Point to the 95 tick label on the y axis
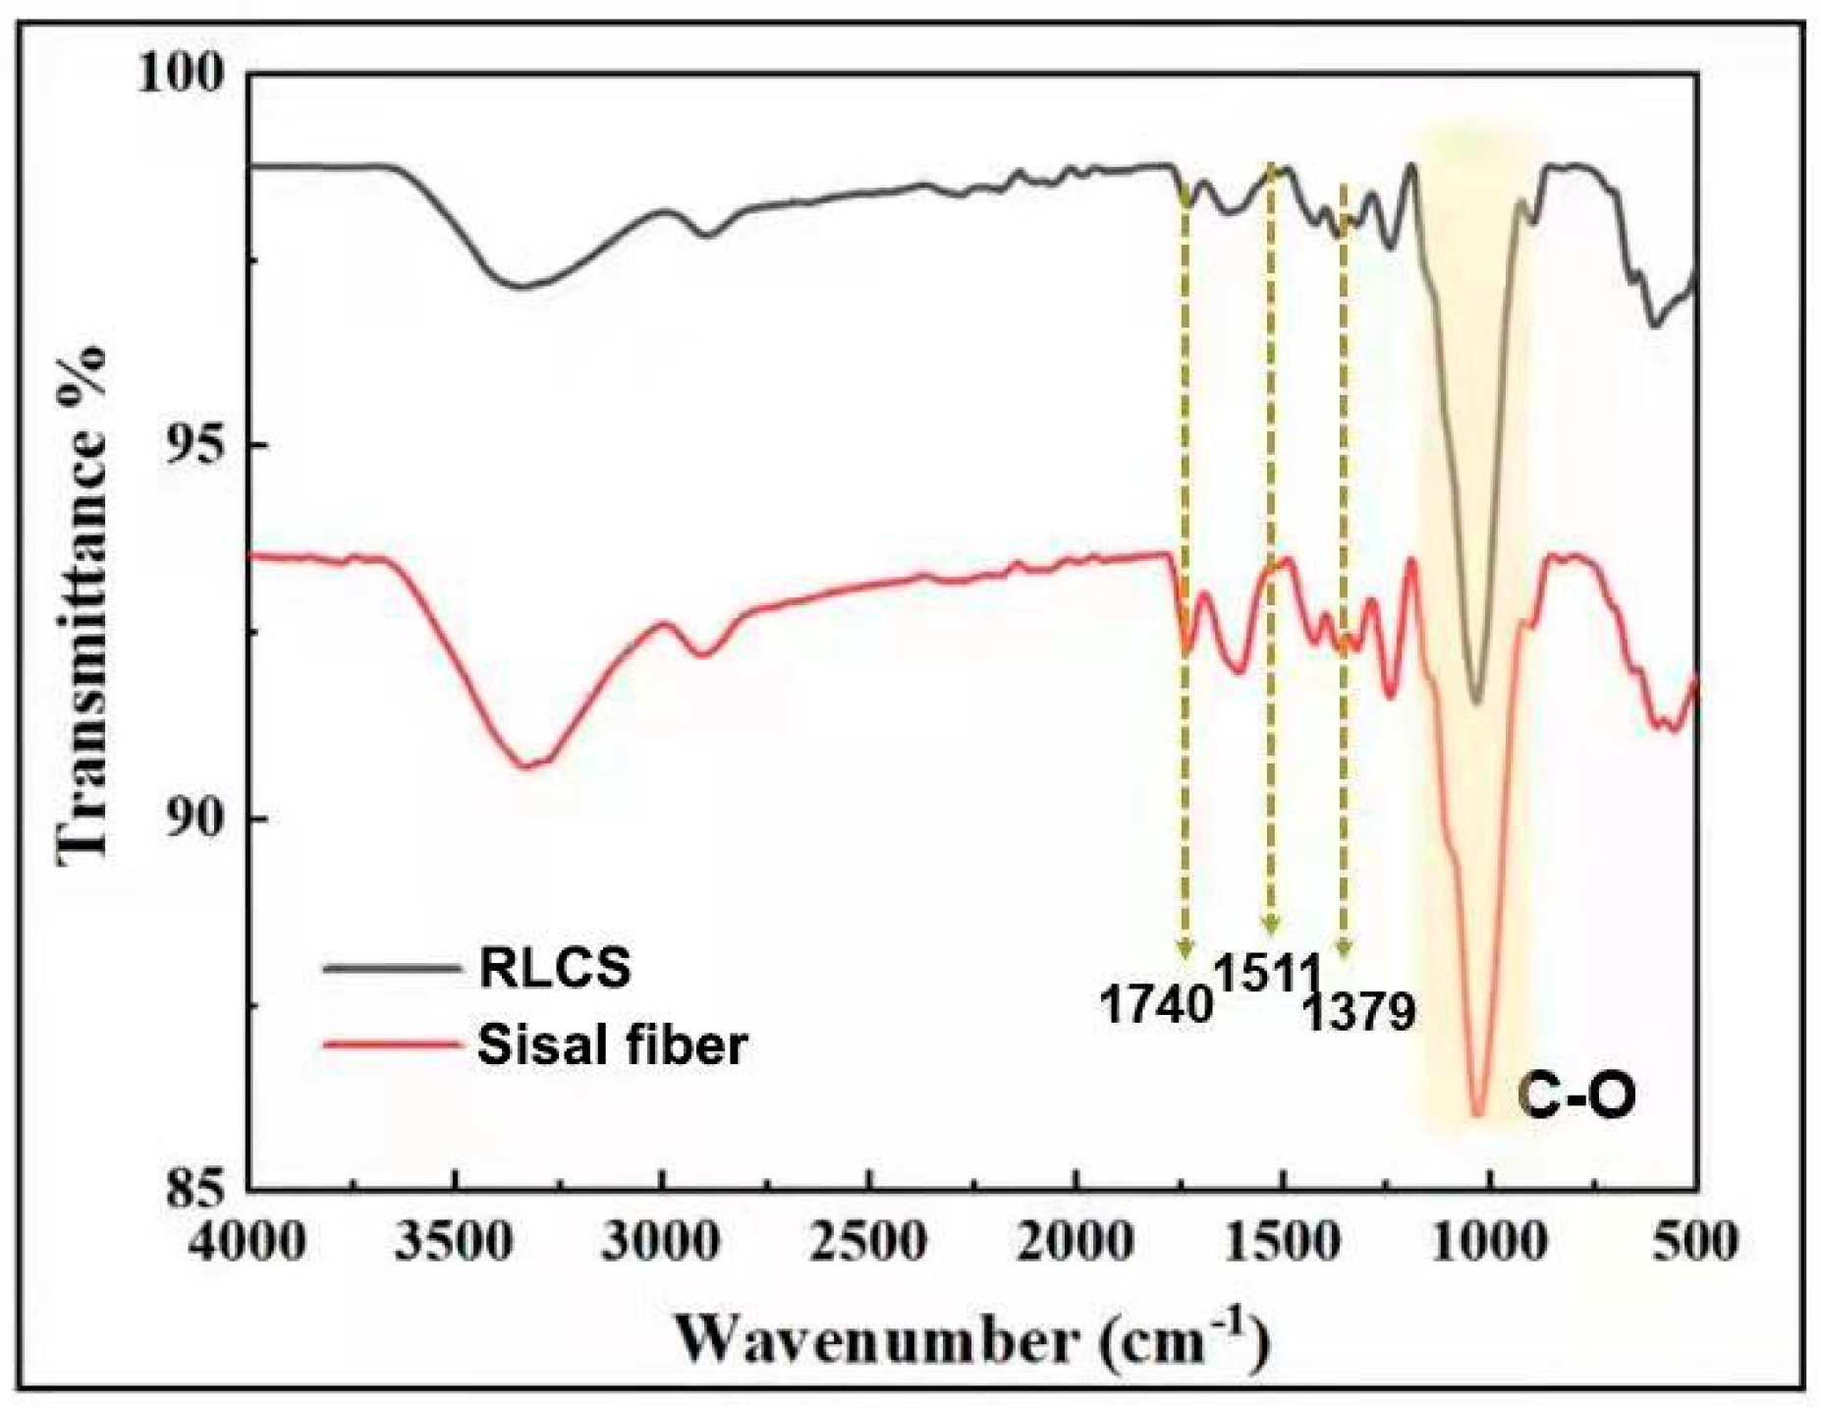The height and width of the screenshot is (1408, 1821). point(194,448)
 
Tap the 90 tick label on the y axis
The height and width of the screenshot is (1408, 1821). point(194,819)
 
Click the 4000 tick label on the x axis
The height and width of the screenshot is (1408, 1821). point(249,1242)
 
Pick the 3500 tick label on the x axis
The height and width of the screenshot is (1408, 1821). point(457,1242)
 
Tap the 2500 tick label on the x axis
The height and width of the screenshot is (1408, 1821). point(870,1242)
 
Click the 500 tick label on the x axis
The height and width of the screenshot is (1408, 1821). point(1697,1242)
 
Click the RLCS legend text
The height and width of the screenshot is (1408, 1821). point(554,970)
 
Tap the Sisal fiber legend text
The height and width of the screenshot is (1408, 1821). point(612,1044)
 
